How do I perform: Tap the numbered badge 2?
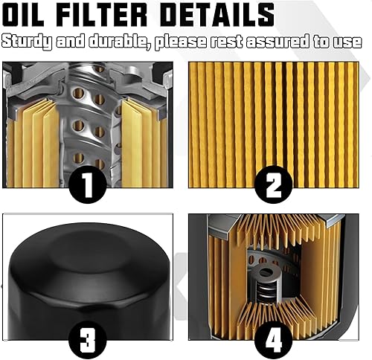coord(273,183)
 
